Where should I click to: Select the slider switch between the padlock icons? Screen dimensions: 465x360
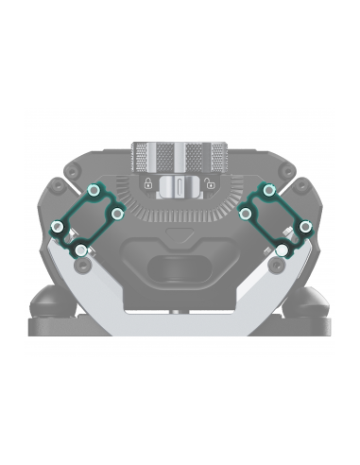178,185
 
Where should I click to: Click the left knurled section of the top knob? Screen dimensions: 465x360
151,153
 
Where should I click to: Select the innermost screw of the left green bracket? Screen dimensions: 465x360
117,215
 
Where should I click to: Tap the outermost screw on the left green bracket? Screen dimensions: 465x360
58,228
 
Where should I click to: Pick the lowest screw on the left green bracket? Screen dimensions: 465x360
81,250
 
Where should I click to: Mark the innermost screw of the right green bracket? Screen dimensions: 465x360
245,215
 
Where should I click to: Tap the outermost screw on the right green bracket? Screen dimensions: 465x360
305,228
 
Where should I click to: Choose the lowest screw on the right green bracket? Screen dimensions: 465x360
282,250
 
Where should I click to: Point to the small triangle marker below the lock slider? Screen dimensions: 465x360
180,230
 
